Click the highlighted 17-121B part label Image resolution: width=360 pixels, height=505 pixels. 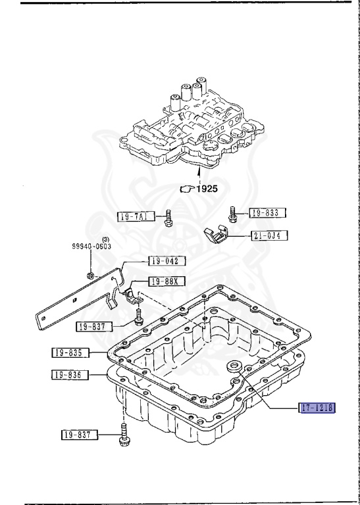click(316, 408)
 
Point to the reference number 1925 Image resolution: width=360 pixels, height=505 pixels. click(206, 189)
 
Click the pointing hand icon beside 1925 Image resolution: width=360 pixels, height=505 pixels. click(186, 189)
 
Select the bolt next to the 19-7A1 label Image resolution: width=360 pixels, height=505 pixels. click(169, 218)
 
